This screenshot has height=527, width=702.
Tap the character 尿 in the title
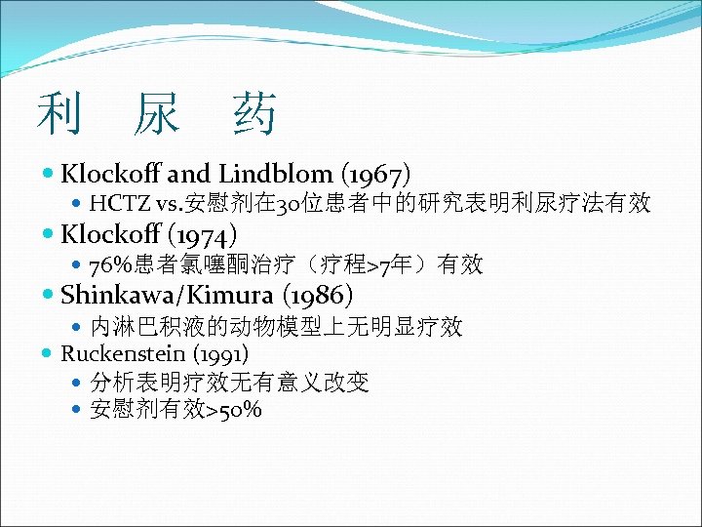click(x=157, y=114)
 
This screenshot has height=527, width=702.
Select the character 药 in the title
click(x=255, y=114)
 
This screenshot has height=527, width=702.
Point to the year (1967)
click(x=374, y=174)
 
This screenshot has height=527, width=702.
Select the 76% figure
click(x=107, y=264)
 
